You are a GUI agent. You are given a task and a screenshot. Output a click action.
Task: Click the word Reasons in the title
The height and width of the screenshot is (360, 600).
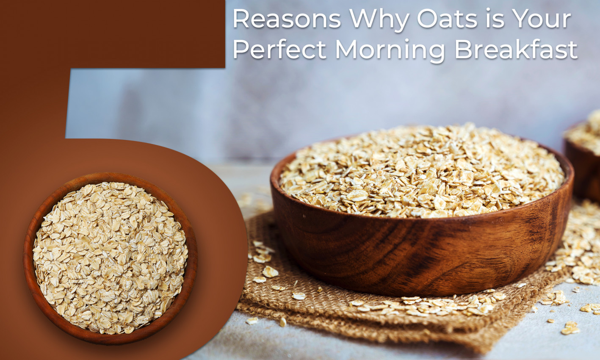pos(287,19)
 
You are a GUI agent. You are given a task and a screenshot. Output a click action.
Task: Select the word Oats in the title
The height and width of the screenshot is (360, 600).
pos(447,19)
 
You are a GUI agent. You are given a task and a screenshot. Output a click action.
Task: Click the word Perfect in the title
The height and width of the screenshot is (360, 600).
pos(279,50)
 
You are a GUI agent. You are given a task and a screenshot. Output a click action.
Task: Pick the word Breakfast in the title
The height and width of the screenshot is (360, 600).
pos(516,50)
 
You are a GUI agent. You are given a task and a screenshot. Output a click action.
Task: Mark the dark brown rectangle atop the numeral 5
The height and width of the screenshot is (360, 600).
pos(112,34)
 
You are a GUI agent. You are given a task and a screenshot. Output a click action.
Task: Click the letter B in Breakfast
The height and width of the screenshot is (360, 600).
pos(462,50)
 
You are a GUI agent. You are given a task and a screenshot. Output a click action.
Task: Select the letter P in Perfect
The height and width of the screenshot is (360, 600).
pos(239,50)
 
